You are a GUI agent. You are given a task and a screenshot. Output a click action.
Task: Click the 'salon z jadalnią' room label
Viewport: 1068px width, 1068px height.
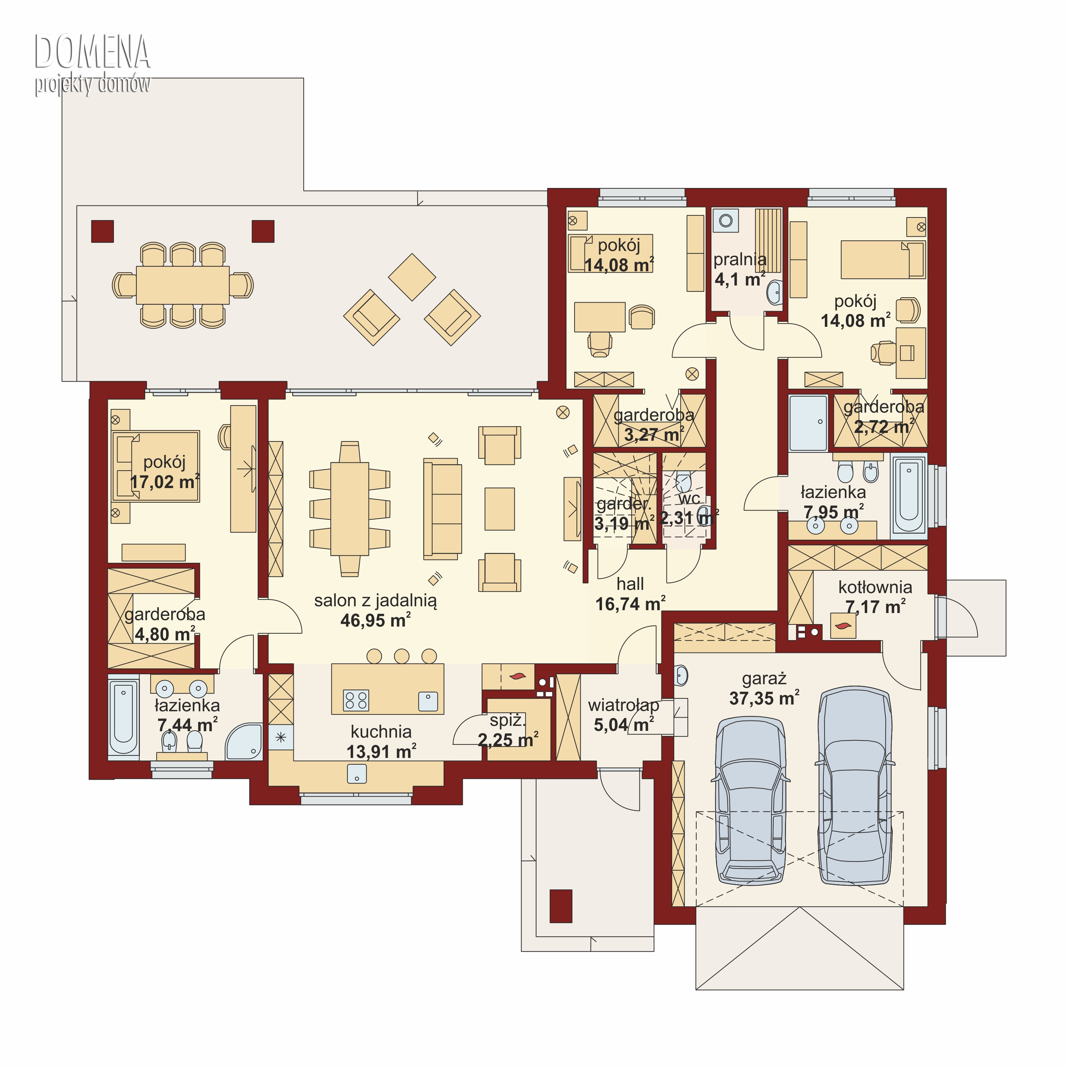(375, 601)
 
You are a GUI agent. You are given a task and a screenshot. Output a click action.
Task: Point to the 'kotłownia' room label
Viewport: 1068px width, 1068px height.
(875, 587)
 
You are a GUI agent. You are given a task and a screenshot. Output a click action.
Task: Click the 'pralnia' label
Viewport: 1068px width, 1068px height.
(740, 259)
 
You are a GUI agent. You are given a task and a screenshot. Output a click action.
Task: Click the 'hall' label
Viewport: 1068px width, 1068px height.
(630, 584)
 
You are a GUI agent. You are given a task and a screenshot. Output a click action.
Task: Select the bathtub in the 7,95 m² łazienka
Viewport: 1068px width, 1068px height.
(909, 494)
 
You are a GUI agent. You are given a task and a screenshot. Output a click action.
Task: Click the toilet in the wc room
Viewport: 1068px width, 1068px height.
(683, 481)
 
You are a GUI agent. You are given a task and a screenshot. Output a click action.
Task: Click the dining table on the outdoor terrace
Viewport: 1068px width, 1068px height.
(183, 285)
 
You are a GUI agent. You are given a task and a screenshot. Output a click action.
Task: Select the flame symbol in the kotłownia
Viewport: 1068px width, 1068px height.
(843, 626)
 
